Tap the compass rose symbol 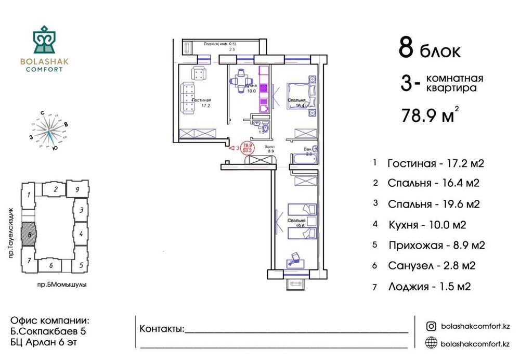point(50,130)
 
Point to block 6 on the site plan point(51,265)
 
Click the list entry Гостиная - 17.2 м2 point(436,164)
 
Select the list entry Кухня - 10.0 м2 point(427,225)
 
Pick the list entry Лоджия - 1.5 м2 point(429,286)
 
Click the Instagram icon point(431,326)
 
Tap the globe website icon point(431,342)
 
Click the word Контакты point(162,329)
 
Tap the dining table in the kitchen point(240,81)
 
